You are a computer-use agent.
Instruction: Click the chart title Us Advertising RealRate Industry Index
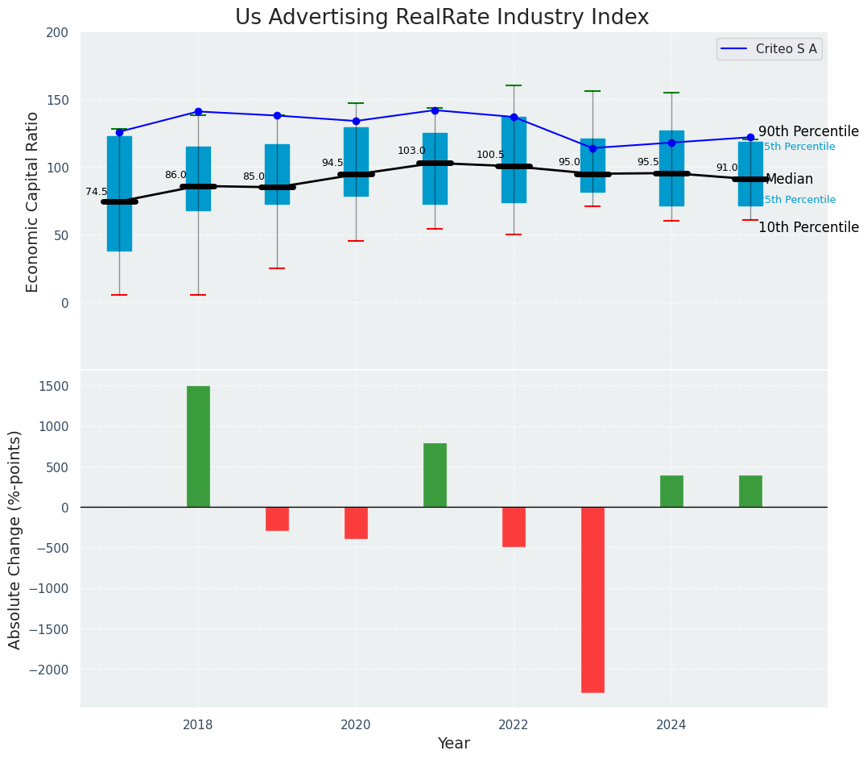click(x=442, y=18)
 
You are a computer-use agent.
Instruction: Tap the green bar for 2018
click(x=198, y=446)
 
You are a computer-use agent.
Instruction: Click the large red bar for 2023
click(x=592, y=599)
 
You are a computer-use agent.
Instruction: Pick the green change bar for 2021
click(x=435, y=475)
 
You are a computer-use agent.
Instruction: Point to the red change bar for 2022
click(x=514, y=527)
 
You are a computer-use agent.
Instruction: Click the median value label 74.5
click(x=97, y=192)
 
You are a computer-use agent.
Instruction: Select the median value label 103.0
click(x=411, y=151)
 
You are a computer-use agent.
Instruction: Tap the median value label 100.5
click(x=490, y=155)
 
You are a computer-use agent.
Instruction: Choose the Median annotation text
click(x=789, y=180)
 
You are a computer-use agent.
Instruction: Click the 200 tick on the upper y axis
click(x=63, y=33)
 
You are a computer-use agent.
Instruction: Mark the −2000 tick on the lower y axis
click(x=51, y=670)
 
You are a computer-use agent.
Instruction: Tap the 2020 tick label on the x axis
click(x=356, y=724)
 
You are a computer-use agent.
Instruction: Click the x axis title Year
click(x=454, y=743)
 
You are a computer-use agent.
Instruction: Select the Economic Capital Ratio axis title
click(x=33, y=201)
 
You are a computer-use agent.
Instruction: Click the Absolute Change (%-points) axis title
click(x=15, y=539)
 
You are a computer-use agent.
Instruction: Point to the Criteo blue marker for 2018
click(x=198, y=111)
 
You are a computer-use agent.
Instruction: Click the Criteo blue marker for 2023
click(x=592, y=148)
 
